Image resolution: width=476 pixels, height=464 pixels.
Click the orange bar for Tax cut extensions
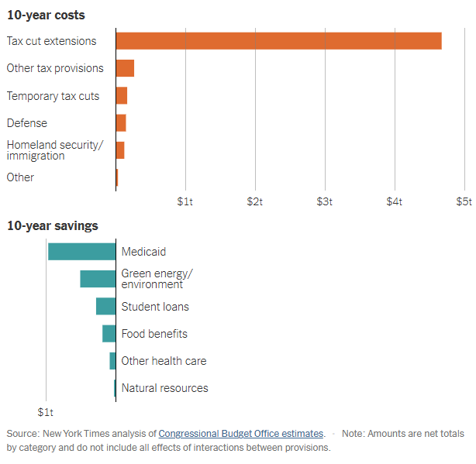point(278,41)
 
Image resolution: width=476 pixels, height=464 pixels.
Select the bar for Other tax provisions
point(125,68)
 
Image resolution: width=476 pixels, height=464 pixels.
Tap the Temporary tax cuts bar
point(122,96)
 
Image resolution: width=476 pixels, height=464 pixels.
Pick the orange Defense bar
point(121,123)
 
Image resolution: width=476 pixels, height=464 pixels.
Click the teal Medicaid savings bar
point(81,252)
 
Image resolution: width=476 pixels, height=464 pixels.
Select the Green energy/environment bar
point(98,279)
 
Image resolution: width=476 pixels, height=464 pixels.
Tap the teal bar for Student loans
point(105,306)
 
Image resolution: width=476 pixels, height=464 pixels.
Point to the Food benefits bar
point(109,334)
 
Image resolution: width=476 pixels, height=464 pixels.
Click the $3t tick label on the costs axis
point(325,201)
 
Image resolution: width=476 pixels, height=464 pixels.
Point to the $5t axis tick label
point(464,201)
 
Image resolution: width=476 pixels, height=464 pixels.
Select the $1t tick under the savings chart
point(47,411)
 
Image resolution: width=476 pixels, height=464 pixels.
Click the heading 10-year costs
point(46,15)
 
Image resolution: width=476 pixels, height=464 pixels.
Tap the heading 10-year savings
point(52,226)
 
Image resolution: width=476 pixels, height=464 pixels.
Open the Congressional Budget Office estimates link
point(241,434)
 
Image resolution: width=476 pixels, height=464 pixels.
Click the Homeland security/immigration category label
point(54,150)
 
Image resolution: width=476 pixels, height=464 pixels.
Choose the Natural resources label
point(164,388)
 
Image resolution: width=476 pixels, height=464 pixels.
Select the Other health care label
point(164,361)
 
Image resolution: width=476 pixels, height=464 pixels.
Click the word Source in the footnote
point(22,434)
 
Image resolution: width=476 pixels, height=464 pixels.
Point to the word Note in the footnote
point(354,434)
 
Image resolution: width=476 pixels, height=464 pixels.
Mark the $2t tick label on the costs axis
point(255,201)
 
